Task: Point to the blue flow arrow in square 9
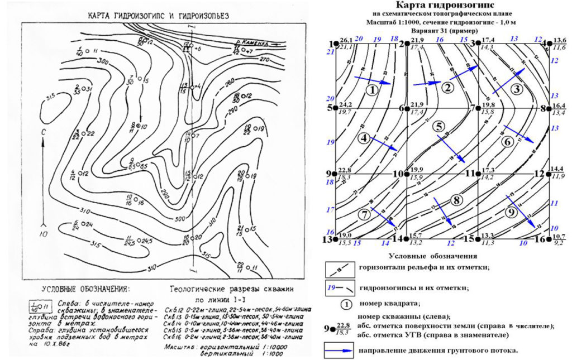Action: pos(522,211)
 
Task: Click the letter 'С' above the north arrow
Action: pos(43,132)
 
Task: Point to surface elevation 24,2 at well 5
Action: pos(346,104)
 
